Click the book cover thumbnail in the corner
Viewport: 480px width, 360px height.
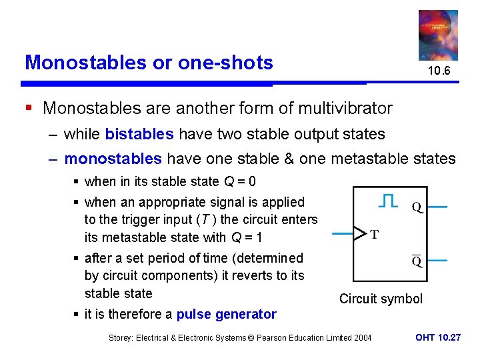pos(438,35)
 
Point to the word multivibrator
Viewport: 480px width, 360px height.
pos(345,108)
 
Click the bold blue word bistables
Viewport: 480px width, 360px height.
pos(139,134)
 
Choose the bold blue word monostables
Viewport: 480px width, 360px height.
pos(113,159)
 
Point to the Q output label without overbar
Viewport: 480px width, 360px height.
pos(417,207)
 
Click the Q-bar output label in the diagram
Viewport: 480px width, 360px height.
pos(417,260)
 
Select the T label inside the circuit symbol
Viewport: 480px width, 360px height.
pos(374,234)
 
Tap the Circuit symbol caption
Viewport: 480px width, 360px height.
pos(381,299)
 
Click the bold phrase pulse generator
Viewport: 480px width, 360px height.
pos(226,314)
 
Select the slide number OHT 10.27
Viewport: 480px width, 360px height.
pos(437,338)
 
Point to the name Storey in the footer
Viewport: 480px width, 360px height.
pos(123,338)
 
